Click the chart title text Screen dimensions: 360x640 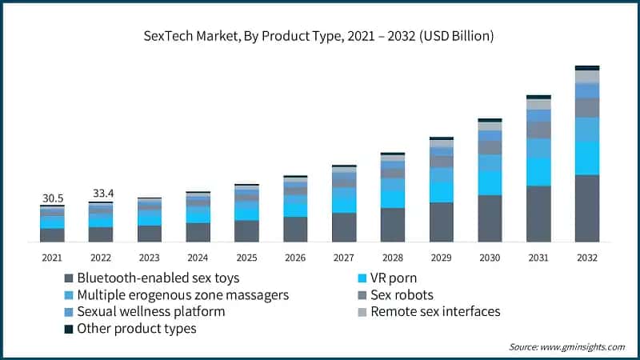(320, 36)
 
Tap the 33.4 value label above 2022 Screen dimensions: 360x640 (101, 193)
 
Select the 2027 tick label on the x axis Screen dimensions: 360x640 (344, 258)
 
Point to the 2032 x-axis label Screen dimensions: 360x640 (587, 258)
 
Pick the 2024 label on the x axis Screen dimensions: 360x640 (198, 258)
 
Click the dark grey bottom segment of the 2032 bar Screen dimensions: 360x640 (587, 208)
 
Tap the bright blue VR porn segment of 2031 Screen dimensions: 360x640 (538, 171)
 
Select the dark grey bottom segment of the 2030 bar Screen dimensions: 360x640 (490, 218)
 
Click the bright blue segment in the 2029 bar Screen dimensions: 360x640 (442, 191)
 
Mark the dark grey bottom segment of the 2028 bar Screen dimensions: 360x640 (393, 225)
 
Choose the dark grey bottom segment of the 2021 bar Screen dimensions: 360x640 (52, 234)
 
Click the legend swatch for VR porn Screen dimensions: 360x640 (362, 278)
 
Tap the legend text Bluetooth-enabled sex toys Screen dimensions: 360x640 (149, 278)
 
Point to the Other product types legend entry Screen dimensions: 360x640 (136, 329)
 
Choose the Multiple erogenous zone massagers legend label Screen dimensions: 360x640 (182, 295)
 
